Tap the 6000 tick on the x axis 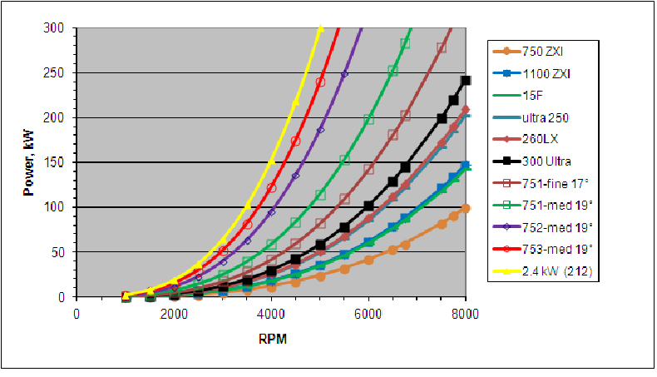click(x=368, y=313)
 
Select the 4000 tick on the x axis click(x=271, y=313)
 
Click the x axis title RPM click(x=271, y=340)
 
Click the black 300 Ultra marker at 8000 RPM click(x=466, y=81)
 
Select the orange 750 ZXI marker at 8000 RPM click(x=466, y=208)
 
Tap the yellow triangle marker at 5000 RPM click(x=320, y=28)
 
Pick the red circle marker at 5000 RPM click(x=320, y=82)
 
